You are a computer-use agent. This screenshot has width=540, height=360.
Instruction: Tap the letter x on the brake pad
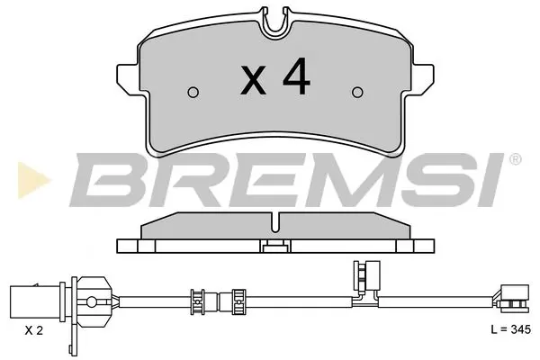(x=255, y=83)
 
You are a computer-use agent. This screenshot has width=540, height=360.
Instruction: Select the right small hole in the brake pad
(x=357, y=90)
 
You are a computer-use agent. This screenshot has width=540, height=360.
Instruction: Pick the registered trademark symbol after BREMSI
(x=514, y=159)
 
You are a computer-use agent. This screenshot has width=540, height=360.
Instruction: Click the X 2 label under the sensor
(x=33, y=331)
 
